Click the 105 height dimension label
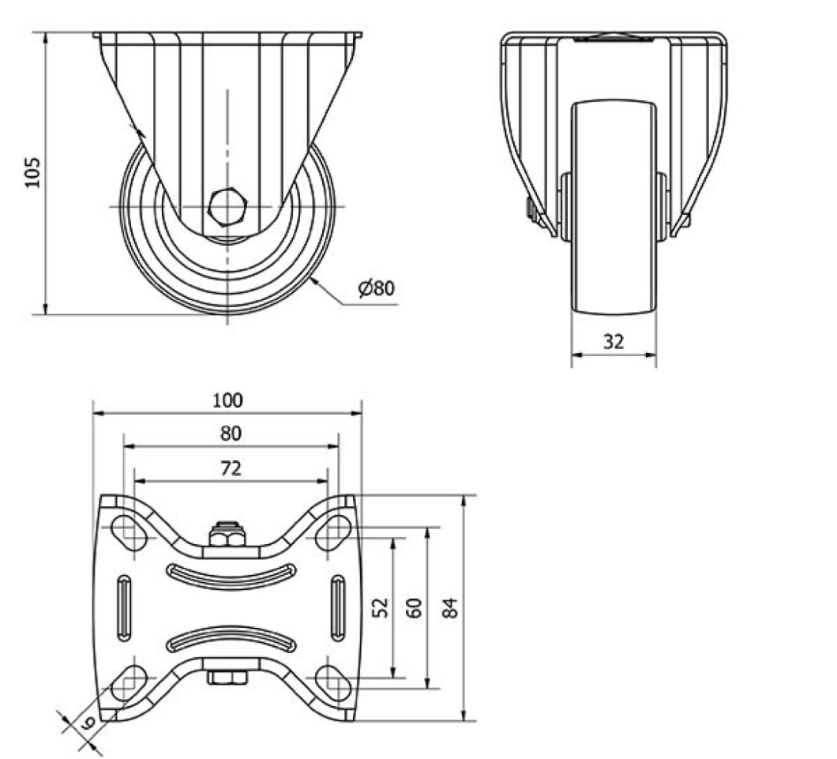click(32, 172)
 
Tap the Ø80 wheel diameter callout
click(377, 288)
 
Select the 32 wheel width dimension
click(614, 342)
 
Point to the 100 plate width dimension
click(228, 400)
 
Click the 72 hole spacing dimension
click(231, 468)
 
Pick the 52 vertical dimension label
click(381, 607)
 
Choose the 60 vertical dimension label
click(415, 608)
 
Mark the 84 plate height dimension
click(451, 608)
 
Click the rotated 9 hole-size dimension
click(88, 723)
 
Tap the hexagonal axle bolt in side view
click(228, 207)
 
